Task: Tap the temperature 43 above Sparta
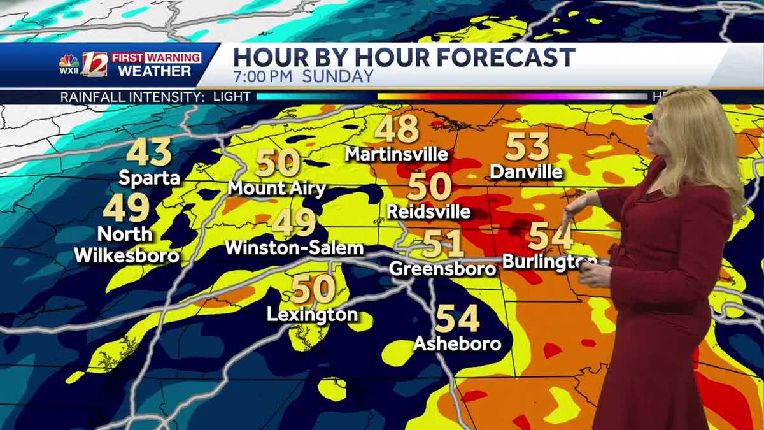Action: click(149, 153)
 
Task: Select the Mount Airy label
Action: click(276, 189)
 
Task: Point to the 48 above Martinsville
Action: click(396, 129)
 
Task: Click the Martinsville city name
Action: click(397, 154)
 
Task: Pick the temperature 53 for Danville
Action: click(527, 147)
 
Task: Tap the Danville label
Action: click(527, 172)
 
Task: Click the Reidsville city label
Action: click(428, 211)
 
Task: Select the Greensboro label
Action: click(443, 268)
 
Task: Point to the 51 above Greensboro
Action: click(443, 244)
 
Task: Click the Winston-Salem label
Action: click(295, 247)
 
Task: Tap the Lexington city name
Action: click(312, 314)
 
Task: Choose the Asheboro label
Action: click(456, 344)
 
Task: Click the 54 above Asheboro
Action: click(456, 319)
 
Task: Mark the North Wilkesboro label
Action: click(126, 245)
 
